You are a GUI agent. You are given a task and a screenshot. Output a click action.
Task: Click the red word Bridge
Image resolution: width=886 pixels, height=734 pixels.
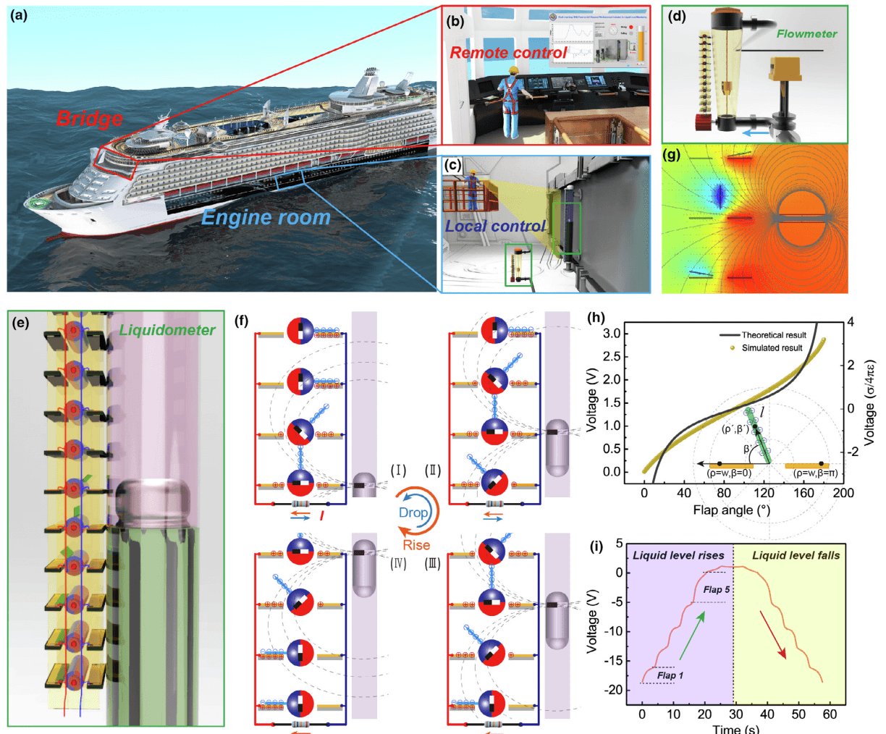coord(90,118)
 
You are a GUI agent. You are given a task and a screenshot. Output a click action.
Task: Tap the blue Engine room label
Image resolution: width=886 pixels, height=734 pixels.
coord(266,217)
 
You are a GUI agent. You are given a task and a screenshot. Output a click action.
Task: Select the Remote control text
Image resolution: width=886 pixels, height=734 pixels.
coord(508,53)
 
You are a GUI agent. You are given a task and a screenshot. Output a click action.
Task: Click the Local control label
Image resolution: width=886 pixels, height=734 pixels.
coord(495,227)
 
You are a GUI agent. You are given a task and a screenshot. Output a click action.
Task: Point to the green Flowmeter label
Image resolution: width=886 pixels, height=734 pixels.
coord(806,33)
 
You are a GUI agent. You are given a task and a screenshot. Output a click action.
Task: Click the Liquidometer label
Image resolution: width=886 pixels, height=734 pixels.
coord(167,331)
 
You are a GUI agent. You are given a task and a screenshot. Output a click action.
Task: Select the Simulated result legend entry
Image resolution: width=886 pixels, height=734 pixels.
coord(772,348)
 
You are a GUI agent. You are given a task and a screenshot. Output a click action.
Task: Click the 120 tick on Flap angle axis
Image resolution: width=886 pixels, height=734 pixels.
coord(764,493)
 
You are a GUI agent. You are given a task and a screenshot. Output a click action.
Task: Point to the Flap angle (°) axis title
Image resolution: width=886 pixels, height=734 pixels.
coord(731,510)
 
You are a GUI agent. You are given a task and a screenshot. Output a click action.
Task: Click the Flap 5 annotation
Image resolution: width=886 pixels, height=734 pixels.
coord(717,590)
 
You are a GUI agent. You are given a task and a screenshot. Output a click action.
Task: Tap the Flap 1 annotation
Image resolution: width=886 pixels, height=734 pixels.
coord(670,675)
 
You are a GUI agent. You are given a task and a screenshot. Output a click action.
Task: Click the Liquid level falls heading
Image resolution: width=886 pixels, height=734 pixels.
coord(796,555)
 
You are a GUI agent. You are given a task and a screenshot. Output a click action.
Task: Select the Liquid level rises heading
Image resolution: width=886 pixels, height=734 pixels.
coord(678,555)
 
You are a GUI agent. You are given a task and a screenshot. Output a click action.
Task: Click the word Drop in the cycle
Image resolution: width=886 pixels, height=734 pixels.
coord(413,512)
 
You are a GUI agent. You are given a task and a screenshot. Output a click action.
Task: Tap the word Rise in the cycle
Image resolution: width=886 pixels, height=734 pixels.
coord(416,545)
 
